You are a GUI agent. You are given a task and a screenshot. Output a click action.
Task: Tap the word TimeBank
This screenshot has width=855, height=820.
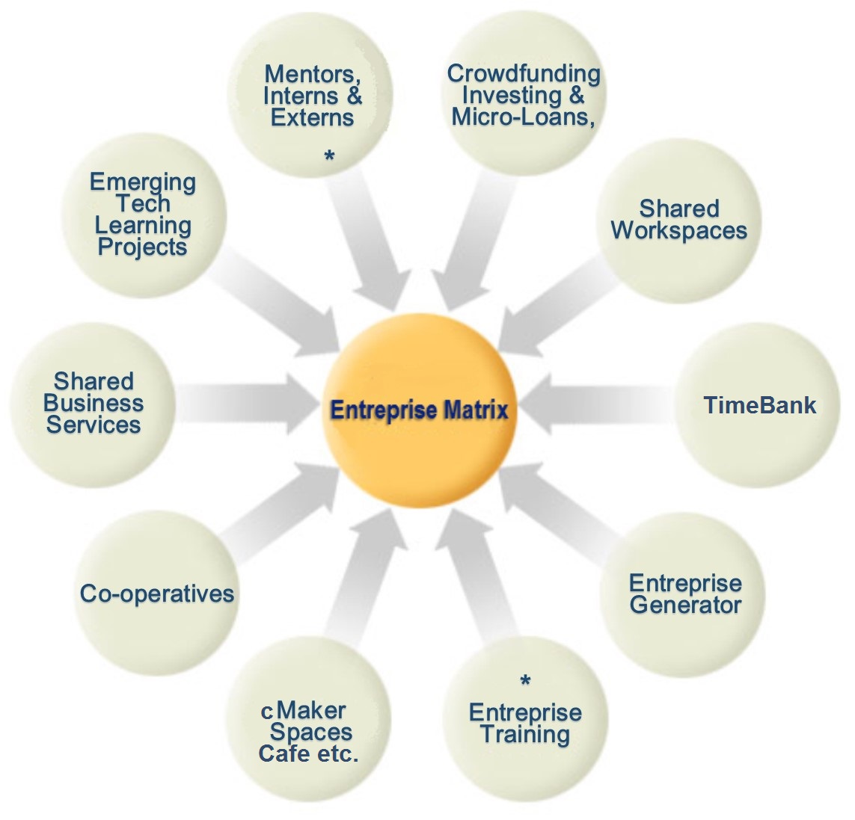click(x=759, y=405)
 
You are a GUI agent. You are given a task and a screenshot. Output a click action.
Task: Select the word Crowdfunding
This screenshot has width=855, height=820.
click(x=524, y=73)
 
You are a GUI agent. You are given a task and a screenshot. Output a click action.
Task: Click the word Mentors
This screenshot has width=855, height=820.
click(x=313, y=74)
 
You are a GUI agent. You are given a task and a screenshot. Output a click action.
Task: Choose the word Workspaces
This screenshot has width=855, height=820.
click(x=678, y=230)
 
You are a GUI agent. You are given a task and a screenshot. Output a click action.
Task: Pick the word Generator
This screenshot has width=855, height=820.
click(x=685, y=605)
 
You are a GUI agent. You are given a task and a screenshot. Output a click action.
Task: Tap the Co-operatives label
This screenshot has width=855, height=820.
click(x=157, y=594)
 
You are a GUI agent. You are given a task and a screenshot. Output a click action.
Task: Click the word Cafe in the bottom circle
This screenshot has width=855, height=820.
click(x=284, y=753)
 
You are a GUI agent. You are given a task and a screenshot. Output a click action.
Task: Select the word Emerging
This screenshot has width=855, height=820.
click(x=142, y=182)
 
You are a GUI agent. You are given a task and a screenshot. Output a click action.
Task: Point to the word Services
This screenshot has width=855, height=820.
click(x=94, y=425)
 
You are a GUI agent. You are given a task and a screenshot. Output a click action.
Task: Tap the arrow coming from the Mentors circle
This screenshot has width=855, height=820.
click(x=367, y=239)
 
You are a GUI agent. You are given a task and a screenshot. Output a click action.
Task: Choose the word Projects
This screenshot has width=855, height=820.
click(x=142, y=247)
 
